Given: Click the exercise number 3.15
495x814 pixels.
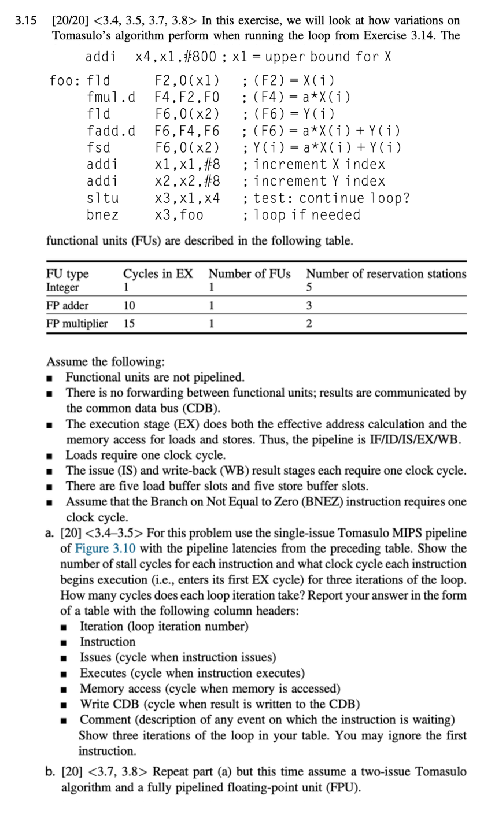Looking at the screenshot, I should [25, 21].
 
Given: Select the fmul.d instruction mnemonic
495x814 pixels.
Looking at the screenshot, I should [111, 97].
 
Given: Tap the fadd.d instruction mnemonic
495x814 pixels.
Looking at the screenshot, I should [111, 131].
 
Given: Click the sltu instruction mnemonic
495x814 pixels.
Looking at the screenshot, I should [102, 198].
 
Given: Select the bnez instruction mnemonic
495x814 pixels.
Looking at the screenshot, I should [102, 215].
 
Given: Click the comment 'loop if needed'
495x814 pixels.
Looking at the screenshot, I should [306, 215].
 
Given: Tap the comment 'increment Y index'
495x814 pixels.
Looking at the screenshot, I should [319, 182].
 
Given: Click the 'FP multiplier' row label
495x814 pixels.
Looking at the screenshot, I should [77, 324].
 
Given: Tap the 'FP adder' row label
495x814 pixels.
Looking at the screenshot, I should [67, 305].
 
